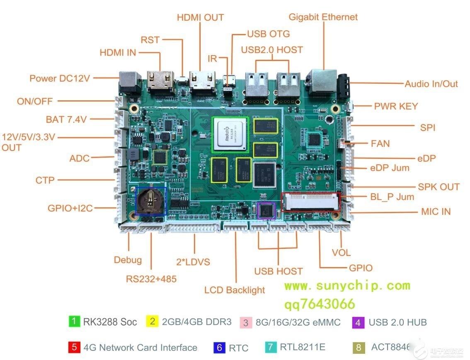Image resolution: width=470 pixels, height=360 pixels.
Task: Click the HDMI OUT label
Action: click(200, 17)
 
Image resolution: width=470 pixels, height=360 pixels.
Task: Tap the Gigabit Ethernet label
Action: click(323, 17)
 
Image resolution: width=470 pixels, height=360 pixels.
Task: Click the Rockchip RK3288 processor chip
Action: click(229, 134)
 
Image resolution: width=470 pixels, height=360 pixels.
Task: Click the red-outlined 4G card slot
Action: click(311, 202)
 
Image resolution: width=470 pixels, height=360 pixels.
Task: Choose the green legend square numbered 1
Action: click(74, 321)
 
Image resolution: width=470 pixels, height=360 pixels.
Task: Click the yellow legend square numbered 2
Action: click(152, 321)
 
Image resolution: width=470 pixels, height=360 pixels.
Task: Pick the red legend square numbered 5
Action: click(74, 347)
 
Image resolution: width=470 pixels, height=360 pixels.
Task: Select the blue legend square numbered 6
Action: click(219, 347)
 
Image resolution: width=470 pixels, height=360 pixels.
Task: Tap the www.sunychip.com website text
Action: click(347, 285)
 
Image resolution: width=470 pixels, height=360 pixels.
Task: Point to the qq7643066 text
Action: click(319, 304)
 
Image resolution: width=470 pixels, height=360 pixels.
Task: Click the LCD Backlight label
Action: click(235, 290)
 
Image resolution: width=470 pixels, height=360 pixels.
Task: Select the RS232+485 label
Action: click(151, 279)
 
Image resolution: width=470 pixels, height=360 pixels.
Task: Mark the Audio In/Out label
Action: click(431, 83)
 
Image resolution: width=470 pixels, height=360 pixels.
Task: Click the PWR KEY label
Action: click(396, 106)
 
